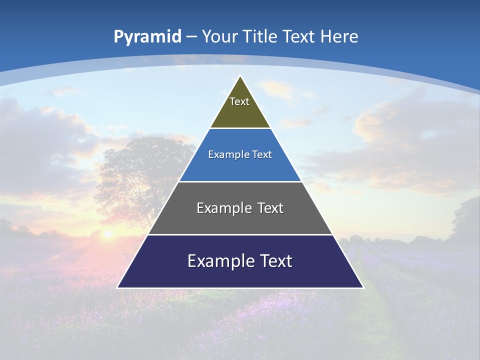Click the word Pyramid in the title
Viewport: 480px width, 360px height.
click(x=147, y=36)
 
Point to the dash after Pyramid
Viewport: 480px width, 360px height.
click(x=192, y=37)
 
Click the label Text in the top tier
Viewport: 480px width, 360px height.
click(x=239, y=101)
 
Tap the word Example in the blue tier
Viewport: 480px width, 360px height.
click(x=223, y=154)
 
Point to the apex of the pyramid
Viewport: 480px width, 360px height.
click(x=240, y=76)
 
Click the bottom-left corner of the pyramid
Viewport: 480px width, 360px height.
click(x=118, y=287)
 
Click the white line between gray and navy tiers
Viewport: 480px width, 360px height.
click(x=240, y=234)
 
